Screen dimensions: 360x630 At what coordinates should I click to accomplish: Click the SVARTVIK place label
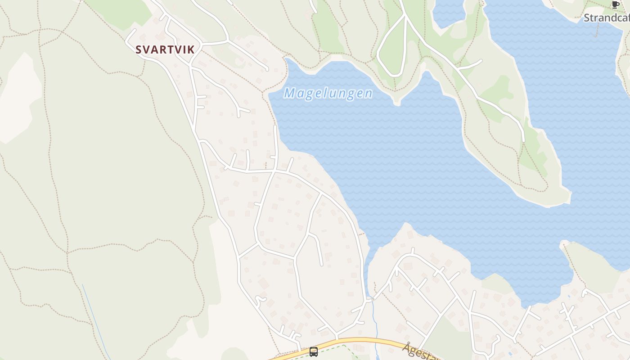tap(165, 50)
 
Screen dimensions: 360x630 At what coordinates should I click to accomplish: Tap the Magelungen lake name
tap(328, 93)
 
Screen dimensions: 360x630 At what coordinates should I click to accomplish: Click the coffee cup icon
tap(615, 5)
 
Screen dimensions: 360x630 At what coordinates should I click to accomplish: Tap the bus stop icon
tap(314, 352)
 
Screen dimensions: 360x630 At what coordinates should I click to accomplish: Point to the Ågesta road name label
tap(421, 352)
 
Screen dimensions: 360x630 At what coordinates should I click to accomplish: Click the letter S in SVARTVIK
tap(139, 50)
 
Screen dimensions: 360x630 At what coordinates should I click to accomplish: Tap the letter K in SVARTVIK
tap(191, 50)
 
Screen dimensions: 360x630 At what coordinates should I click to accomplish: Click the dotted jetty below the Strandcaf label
tap(597, 29)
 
